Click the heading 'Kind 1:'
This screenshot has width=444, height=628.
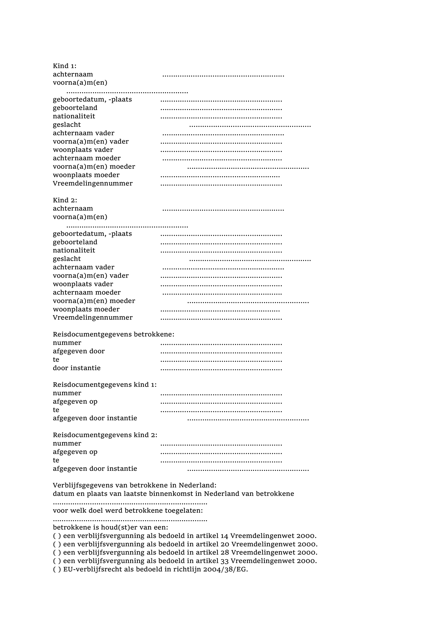(65, 66)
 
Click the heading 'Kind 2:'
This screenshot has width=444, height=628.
(65, 200)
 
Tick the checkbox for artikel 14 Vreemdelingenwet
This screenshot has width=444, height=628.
(57, 536)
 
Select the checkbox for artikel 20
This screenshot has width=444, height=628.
(57, 544)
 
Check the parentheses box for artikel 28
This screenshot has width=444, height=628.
(57, 553)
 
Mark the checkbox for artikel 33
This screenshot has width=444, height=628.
(57, 561)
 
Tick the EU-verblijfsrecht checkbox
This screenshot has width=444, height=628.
(57, 569)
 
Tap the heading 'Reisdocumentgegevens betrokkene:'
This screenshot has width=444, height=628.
(114, 335)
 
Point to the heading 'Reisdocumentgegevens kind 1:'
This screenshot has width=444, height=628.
(105, 385)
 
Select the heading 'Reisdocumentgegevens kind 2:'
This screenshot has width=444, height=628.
(105, 435)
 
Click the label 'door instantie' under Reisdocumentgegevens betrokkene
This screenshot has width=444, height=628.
(77, 368)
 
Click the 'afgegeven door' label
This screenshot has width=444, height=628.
(79, 351)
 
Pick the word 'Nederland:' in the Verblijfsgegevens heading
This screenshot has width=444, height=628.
(197, 485)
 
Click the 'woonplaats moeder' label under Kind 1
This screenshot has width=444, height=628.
(86, 175)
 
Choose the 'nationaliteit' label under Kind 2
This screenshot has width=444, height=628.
(74, 251)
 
